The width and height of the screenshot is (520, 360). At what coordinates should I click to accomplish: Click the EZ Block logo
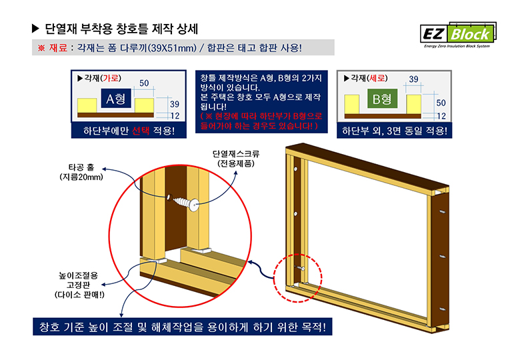click(x=458, y=35)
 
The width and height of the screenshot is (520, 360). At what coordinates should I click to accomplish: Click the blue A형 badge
click(x=116, y=99)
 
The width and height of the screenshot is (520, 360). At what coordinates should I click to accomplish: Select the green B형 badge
click(x=383, y=99)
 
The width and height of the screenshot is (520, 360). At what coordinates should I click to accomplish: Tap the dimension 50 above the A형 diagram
click(x=144, y=83)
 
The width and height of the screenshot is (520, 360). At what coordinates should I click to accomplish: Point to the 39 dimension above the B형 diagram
click(x=413, y=79)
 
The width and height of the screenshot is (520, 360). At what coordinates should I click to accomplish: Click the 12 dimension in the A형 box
click(x=175, y=116)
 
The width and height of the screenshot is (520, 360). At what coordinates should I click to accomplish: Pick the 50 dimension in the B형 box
click(x=441, y=103)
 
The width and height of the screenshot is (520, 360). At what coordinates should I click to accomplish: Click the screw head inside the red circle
click(x=194, y=204)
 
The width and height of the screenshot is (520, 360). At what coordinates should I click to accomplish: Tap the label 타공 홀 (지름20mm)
click(x=81, y=172)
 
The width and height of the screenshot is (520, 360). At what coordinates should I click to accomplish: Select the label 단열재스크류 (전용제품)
click(x=236, y=159)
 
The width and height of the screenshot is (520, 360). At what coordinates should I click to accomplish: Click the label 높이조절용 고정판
click(x=78, y=280)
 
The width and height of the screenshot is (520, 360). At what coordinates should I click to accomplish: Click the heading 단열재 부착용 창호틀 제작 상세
click(x=121, y=29)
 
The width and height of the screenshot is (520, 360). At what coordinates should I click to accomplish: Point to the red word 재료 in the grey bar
click(x=58, y=48)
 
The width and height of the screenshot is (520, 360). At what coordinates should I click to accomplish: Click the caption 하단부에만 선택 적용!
click(x=129, y=131)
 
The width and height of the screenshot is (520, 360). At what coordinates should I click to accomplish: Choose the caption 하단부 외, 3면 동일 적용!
click(x=394, y=131)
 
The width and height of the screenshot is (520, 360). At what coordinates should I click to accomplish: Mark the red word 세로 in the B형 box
click(x=377, y=78)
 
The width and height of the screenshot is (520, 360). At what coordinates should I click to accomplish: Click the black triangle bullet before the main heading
click(x=35, y=29)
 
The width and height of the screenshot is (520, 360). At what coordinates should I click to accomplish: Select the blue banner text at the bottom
click(x=183, y=327)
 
